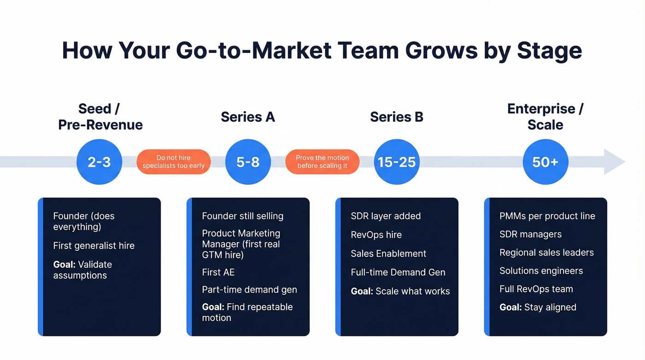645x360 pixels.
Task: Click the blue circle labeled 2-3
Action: pyautogui.click(x=99, y=162)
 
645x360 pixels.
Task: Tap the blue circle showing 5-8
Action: pyautogui.click(x=248, y=162)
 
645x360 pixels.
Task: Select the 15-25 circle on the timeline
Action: pyautogui.click(x=397, y=162)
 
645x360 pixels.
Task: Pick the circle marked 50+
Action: pyautogui.click(x=545, y=162)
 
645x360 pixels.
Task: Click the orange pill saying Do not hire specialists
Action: pyautogui.click(x=174, y=162)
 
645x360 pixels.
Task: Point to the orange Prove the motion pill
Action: pyautogui.click(x=322, y=162)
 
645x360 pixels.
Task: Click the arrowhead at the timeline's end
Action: pyautogui.click(x=614, y=162)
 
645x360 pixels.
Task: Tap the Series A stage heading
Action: pyautogui.click(x=248, y=117)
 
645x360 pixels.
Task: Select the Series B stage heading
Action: pyautogui.click(x=397, y=117)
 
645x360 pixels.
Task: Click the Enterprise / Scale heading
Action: pyautogui.click(x=545, y=117)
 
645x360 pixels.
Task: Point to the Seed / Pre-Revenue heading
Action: pyautogui.click(x=100, y=117)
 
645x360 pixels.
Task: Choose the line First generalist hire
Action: pyautogui.click(x=94, y=246)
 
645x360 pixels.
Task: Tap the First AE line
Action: pyautogui.click(x=218, y=272)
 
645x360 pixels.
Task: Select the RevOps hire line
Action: pyautogui.click(x=376, y=235)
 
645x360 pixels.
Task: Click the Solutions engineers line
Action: pyautogui.click(x=541, y=271)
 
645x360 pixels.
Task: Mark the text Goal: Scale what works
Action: pyautogui.click(x=400, y=291)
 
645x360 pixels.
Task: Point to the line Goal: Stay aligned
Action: pyautogui.click(x=538, y=307)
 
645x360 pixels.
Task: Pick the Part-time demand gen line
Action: pyautogui.click(x=250, y=290)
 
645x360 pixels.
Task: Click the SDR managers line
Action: pyautogui.click(x=531, y=234)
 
